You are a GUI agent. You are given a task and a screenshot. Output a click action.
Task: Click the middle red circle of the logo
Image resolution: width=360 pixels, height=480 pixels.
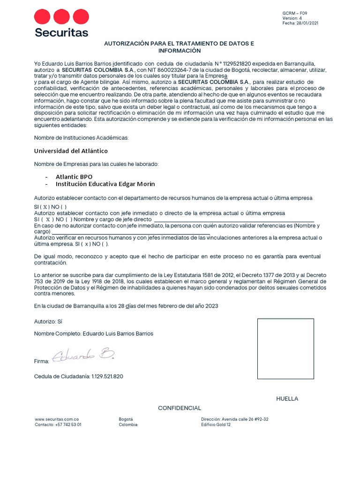coord(61,17)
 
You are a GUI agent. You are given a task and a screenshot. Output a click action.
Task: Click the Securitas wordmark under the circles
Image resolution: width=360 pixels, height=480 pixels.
coord(61,32)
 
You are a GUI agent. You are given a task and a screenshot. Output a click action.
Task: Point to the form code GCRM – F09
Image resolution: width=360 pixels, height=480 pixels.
coord(295,13)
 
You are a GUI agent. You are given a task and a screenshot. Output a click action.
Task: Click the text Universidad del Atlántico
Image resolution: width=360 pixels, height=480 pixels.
coord(71,151)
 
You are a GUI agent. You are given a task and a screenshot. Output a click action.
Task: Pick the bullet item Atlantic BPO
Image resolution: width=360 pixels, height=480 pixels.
coord(74,177)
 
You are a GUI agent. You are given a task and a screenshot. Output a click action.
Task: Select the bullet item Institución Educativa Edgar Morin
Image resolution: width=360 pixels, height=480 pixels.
coord(105,184)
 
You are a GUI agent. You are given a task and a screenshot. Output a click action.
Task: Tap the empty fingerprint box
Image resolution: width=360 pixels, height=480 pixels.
coord(285,348)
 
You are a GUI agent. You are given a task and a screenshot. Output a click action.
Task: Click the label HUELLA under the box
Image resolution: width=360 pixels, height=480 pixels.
coord(287,399)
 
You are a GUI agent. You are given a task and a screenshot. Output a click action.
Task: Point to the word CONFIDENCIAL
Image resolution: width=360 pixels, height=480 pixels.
coord(180,408)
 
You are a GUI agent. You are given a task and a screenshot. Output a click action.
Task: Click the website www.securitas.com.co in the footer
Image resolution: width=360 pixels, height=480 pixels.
coord(57,419)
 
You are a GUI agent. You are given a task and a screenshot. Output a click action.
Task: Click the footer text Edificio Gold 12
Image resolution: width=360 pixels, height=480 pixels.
coord(216,425)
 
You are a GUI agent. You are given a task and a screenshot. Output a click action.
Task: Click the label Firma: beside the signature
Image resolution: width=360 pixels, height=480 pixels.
coord(42,361)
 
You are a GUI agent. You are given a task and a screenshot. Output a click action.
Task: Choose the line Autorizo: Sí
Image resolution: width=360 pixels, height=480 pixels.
coord(48,322)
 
